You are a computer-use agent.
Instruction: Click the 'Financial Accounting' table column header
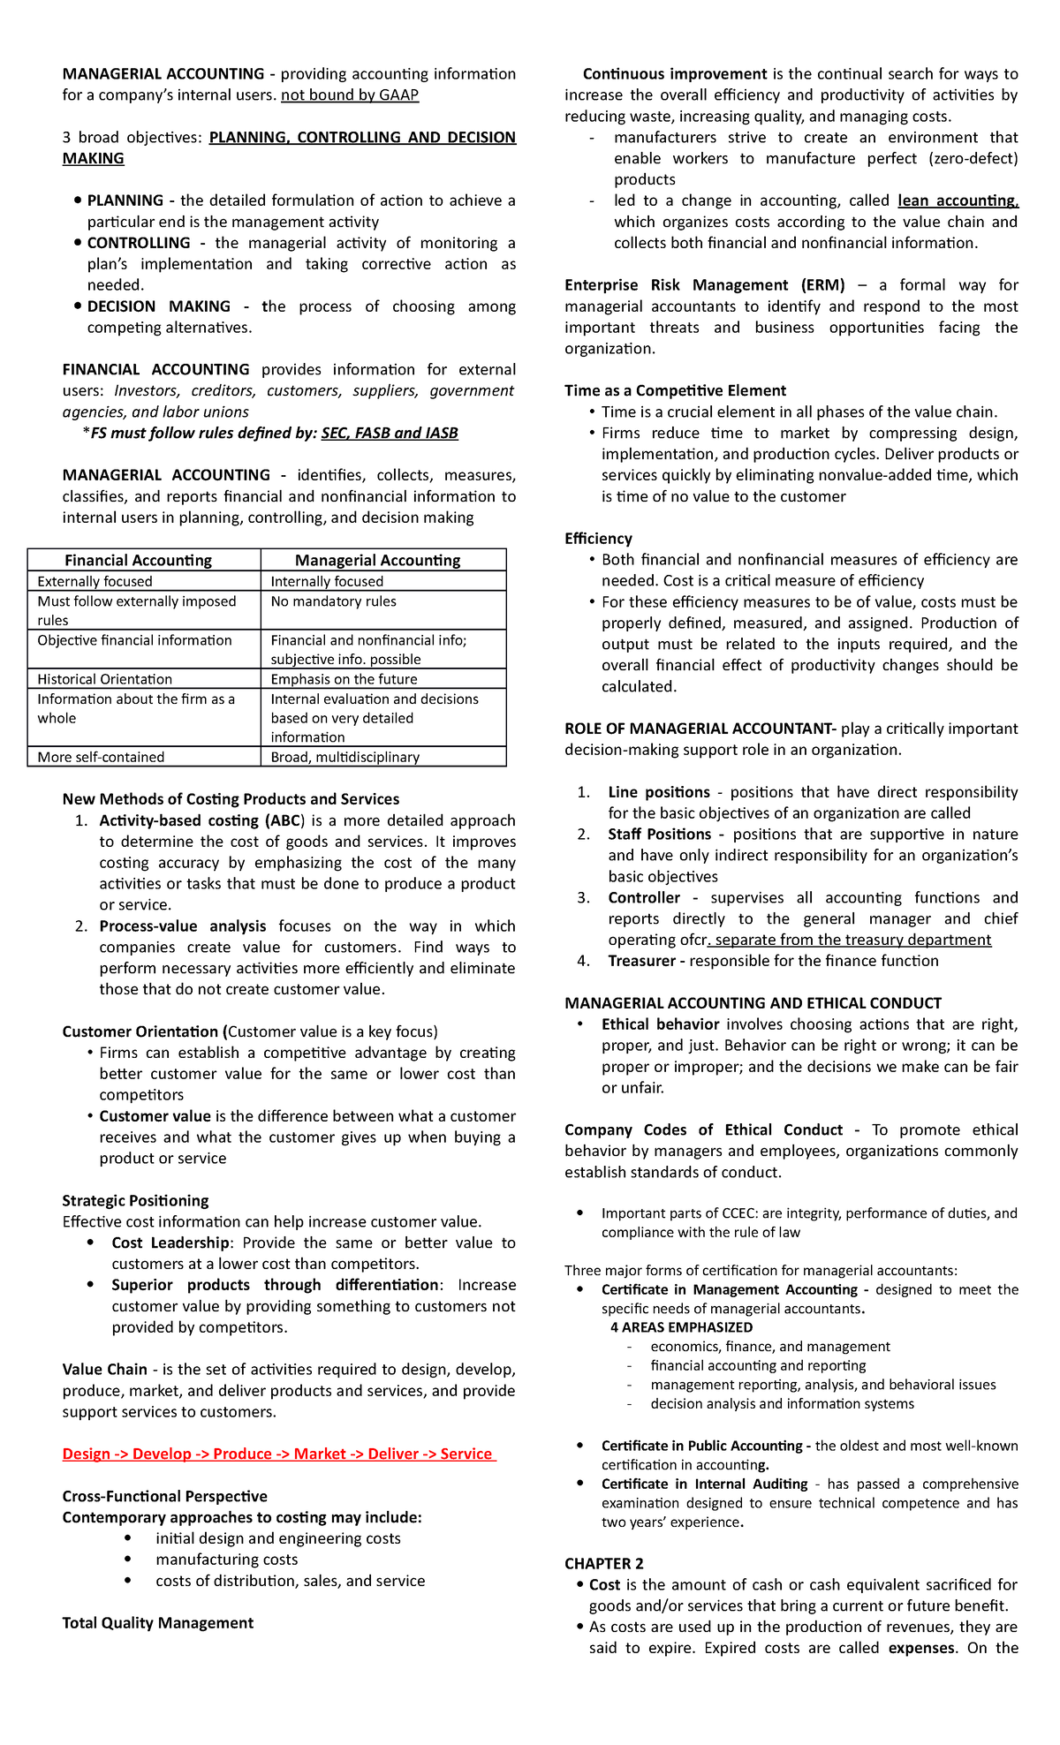click(139, 560)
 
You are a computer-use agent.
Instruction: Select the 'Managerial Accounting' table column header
click(378, 560)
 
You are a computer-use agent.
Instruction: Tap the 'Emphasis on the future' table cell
click(344, 679)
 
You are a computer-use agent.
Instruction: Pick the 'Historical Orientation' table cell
click(105, 679)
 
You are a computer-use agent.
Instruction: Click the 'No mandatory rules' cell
click(334, 601)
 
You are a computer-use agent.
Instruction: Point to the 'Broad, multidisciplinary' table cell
click(345, 757)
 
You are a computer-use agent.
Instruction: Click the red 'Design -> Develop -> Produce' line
click(278, 1454)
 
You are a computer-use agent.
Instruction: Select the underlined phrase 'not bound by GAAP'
click(350, 94)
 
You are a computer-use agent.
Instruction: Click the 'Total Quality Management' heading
click(157, 1623)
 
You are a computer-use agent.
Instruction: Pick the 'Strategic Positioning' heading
click(135, 1200)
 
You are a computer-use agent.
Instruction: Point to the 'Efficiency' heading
click(598, 539)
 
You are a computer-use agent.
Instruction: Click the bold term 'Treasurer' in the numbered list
click(641, 961)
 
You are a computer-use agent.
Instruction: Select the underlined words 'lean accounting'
click(958, 200)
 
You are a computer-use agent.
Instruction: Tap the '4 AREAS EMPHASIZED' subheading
click(681, 1327)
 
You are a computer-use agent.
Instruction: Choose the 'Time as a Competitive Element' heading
click(675, 390)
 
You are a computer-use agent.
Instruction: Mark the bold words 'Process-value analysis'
click(183, 925)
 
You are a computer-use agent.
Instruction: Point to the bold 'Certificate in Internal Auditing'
click(704, 1484)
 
